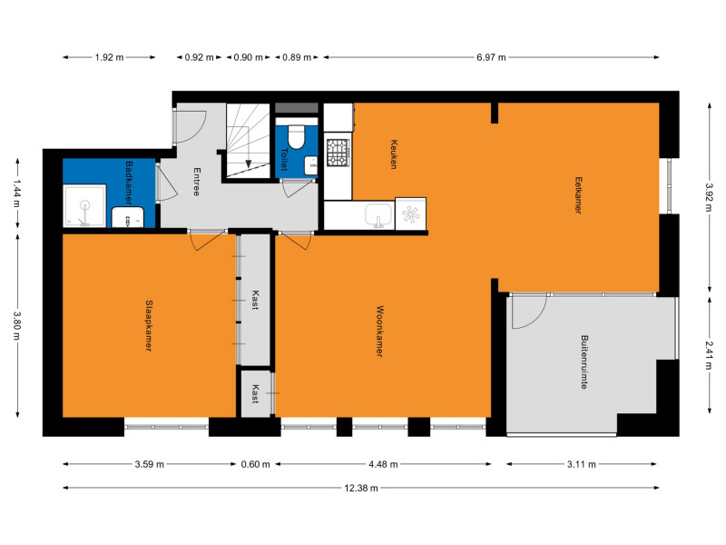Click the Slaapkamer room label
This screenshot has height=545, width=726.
click(149, 325)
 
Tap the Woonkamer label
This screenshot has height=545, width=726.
click(380, 331)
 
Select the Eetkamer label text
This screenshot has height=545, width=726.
click(578, 195)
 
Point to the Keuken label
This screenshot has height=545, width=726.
click(394, 154)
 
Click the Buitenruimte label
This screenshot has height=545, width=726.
click(584, 362)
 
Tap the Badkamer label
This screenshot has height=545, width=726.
click(129, 183)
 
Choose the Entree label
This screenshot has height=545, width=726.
click(197, 182)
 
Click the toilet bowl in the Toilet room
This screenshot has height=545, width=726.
click(297, 136)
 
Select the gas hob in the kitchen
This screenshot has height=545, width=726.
click(338, 153)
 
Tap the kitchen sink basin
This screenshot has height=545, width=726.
click(378, 214)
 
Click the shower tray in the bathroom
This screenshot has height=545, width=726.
click(84, 206)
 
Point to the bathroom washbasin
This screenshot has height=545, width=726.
click(127, 217)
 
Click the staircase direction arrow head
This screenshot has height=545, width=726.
click(249, 163)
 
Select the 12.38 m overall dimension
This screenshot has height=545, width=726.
click(361, 488)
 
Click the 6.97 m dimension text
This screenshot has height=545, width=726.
click(491, 57)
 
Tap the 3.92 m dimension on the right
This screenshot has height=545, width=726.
click(709, 197)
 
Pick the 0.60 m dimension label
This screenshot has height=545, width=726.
click(256, 464)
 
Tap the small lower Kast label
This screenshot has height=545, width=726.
click(255, 393)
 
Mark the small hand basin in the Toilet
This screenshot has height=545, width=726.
click(311, 165)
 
